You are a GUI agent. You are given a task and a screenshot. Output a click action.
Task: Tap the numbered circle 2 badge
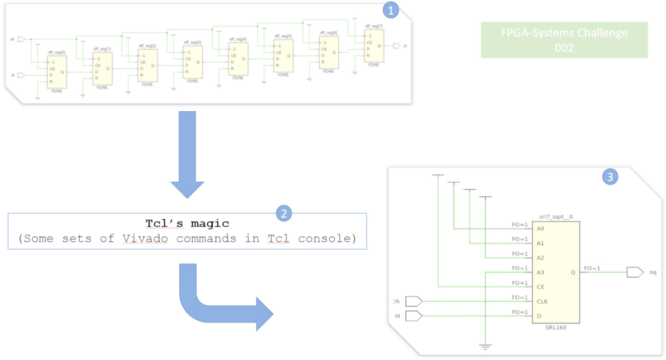click(x=284, y=214)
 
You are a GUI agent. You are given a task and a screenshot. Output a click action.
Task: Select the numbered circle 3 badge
click(x=610, y=177)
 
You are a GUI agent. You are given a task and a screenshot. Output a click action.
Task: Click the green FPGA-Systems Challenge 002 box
click(x=564, y=40)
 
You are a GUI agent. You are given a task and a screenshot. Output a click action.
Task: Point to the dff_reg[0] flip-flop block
click(x=57, y=72)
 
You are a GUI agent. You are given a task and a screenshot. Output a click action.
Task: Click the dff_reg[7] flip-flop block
click(x=373, y=46)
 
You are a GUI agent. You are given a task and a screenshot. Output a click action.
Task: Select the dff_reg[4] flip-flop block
click(x=238, y=59)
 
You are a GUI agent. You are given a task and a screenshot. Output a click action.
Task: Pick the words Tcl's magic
click(x=187, y=224)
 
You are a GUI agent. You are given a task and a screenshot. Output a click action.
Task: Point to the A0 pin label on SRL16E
click(x=540, y=229)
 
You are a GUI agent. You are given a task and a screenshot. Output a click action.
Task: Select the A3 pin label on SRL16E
click(x=540, y=272)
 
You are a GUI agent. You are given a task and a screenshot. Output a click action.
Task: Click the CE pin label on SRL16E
click(x=540, y=287)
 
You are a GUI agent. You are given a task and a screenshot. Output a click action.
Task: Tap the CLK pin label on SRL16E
click(x=542, y=302)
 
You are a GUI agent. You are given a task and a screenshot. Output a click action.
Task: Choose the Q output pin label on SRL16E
click(x=573, y=272)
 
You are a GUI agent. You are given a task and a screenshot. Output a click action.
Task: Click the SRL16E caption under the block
click(x=556, y=328)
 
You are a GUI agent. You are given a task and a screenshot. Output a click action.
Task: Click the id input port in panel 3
click(x=413, y=316)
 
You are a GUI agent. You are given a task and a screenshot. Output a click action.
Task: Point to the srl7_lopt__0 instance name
click(x=556, y=217)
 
